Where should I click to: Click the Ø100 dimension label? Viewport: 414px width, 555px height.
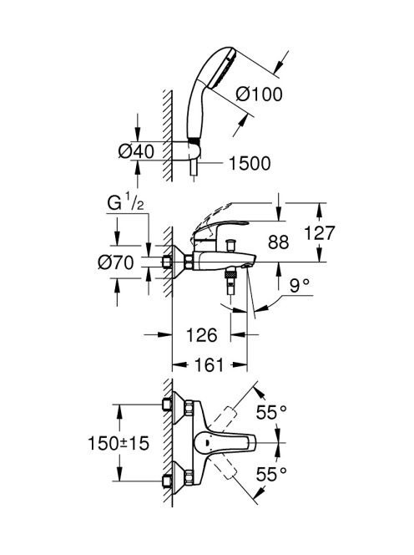[259, 94]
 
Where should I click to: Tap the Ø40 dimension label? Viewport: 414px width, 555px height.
[136, 151]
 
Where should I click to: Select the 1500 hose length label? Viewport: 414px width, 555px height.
[250, 163]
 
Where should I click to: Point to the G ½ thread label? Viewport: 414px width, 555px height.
[125, 204]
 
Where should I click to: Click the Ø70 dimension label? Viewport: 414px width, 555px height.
[116, 262]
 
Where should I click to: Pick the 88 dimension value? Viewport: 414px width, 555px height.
[278, 242]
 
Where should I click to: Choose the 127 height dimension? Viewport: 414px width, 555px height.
[319, 233]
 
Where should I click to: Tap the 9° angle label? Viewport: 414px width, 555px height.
[300, 285]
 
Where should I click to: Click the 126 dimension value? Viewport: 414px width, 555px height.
[201, 335]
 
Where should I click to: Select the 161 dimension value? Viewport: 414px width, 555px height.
[210, 365]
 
